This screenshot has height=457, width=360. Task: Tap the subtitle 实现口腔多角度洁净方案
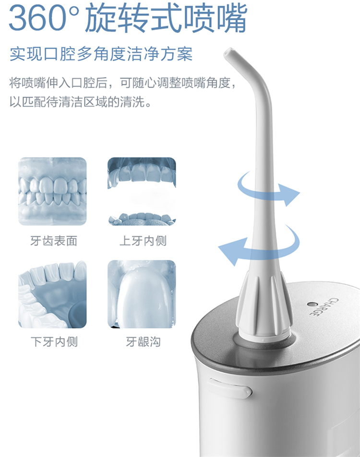pos(101,54)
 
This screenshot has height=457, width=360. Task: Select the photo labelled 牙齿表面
pos(52,191)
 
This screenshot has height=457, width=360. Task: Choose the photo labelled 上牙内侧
pos(142,191)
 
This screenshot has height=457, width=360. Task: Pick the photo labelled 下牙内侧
pos(52,294)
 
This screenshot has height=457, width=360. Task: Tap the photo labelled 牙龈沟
pos(142,294)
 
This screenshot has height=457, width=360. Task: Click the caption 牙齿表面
pos(54,241)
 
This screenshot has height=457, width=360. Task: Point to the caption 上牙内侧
pos(143,241)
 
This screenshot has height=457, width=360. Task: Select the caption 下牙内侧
pos(54,342)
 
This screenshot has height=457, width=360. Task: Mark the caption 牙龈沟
pos(143,342)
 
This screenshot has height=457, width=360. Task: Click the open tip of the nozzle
pos(228,52)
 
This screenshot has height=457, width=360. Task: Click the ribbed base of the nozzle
pos(264,306)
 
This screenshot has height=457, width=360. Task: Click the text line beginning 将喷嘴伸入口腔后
pos(123,83)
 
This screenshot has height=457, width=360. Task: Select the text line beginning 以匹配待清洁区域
pos(81,102)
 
